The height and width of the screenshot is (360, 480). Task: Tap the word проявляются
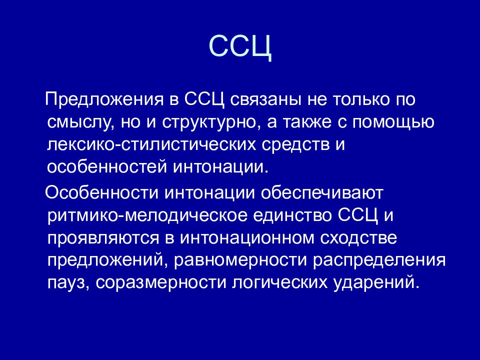(103, 238)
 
